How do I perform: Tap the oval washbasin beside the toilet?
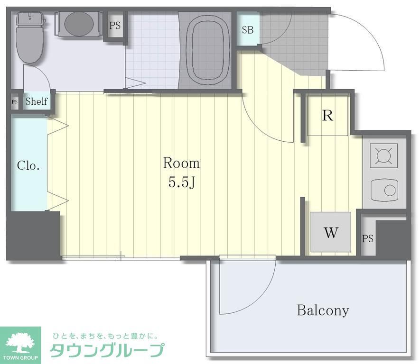78,23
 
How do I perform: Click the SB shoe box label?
247,30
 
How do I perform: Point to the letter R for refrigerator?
327,116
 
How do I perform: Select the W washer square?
331,232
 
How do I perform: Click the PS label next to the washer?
368,239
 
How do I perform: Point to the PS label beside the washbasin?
115,26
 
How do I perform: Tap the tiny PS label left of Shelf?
15,101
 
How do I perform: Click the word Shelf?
37,101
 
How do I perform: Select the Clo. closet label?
28,166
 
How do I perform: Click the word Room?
181,164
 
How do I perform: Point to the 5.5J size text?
182,182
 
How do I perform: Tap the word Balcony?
323,310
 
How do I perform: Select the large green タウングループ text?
107,350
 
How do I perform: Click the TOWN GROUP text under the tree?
21,356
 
